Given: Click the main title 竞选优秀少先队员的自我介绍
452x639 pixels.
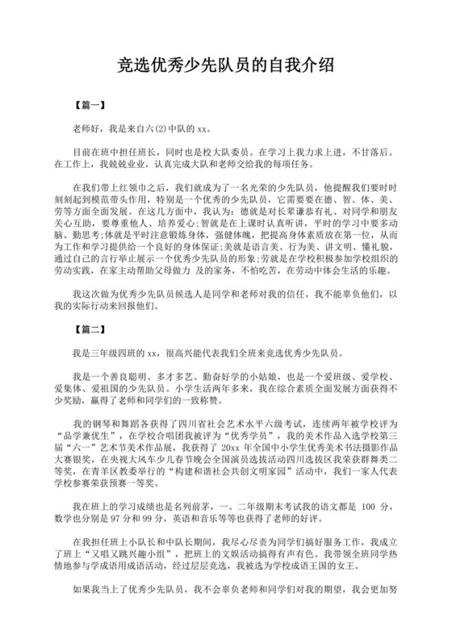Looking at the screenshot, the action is pos(226,64).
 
